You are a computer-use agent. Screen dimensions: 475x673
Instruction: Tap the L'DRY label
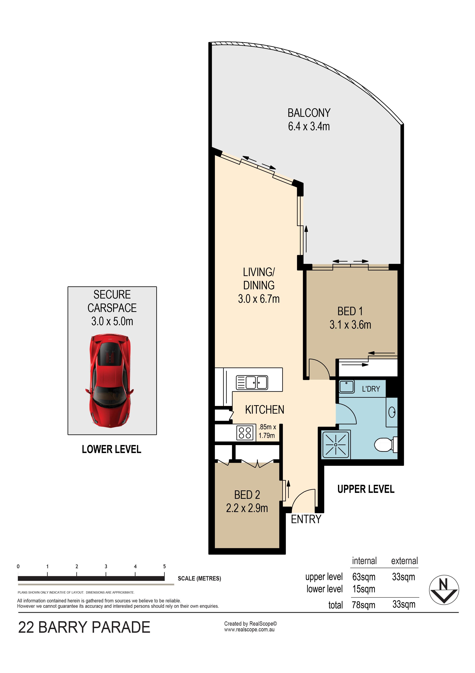click(x=371, y=389)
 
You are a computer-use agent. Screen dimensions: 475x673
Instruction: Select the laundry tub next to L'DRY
click(x=346, y=386)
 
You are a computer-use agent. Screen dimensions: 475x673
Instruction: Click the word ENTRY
click(x=306, y=519)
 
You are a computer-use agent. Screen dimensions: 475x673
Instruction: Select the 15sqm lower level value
click(x=364, y=589)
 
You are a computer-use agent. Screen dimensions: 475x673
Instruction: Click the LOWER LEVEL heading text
click(x=111, y=449)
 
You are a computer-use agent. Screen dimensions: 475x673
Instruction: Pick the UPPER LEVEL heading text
click(x=366, y=489)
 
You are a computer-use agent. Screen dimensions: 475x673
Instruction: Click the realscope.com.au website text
click(x=249, y=630)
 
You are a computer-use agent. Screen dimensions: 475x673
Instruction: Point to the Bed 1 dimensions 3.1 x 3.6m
click(x=350, y=325)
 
